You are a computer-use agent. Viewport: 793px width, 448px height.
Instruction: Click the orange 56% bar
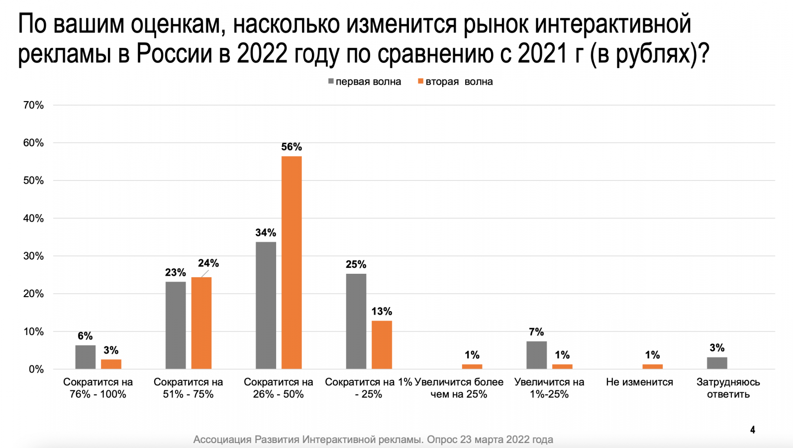[292, 262]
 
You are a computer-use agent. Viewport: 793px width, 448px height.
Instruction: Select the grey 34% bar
[266, 305]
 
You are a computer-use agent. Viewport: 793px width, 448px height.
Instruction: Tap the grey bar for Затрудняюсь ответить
[717, 363]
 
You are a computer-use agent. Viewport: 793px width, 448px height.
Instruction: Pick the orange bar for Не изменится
[652, 366]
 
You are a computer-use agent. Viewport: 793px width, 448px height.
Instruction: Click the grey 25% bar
[356, 321]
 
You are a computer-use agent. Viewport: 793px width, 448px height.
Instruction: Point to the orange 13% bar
[382, 344]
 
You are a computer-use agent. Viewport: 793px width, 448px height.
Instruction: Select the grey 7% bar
[536, 355]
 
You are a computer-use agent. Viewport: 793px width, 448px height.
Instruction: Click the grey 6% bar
[86, 357]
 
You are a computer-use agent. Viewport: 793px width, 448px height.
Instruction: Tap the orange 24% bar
[201, 323]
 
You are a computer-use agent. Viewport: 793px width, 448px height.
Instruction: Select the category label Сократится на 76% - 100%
[98, 388]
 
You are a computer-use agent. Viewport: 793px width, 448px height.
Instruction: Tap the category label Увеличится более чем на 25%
[459, 388]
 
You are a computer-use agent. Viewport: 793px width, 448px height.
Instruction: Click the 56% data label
[292, 147]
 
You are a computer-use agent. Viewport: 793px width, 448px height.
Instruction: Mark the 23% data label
[176, 272]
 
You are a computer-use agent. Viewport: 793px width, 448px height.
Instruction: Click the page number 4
[753, 430]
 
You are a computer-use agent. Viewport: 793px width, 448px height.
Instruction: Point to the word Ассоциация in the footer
[222, 440]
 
